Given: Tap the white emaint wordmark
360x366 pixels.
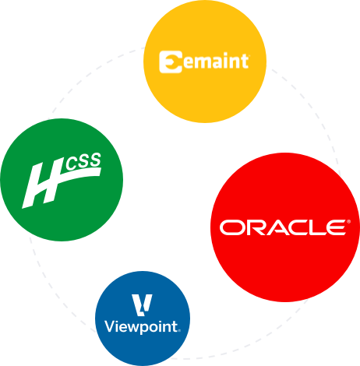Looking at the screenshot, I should coord(215,61).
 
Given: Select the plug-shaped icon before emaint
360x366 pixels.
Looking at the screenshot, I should coord(169,61).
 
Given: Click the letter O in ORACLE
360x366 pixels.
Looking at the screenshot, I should coord(232,227).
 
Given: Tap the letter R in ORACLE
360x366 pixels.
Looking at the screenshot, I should coord(256,227).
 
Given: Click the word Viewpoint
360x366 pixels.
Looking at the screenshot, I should coord(142,326).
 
